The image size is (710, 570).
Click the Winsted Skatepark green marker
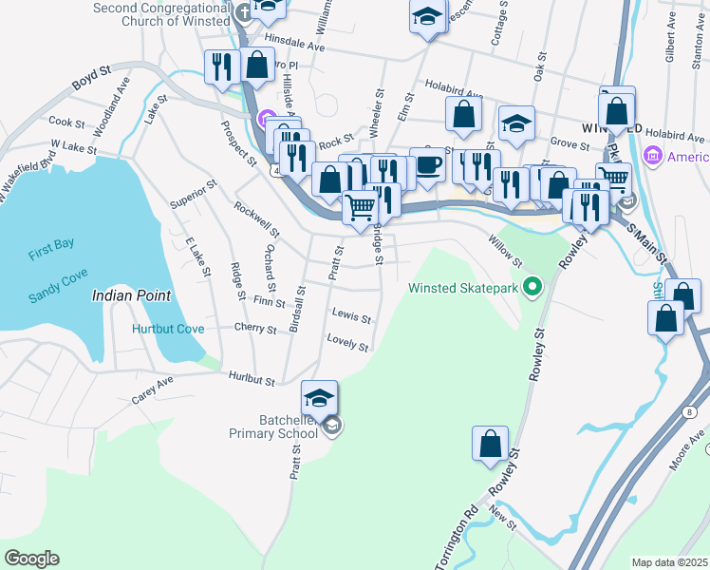pyautogui.click(x=532, y=285)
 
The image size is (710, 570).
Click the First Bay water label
pyautogui.click(x=50, y=244)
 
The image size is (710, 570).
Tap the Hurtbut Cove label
pyautogui.click(x=168, y=329)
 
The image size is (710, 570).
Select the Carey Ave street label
pyautogui.click(x=152, y=390)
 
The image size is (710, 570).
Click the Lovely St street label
pyautogui.click(x=346, y=342)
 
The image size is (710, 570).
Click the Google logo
pyautogui.click(x=31, y=559)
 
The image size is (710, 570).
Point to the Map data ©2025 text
pyautogui.click(x=669, y=562)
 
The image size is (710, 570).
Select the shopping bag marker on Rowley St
pyautogui.click(x=489, y=444)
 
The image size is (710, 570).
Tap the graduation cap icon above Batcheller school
pyautogui.click(x=320, y=397)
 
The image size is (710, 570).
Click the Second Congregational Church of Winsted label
pyautogui.click(x=161, y=14)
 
